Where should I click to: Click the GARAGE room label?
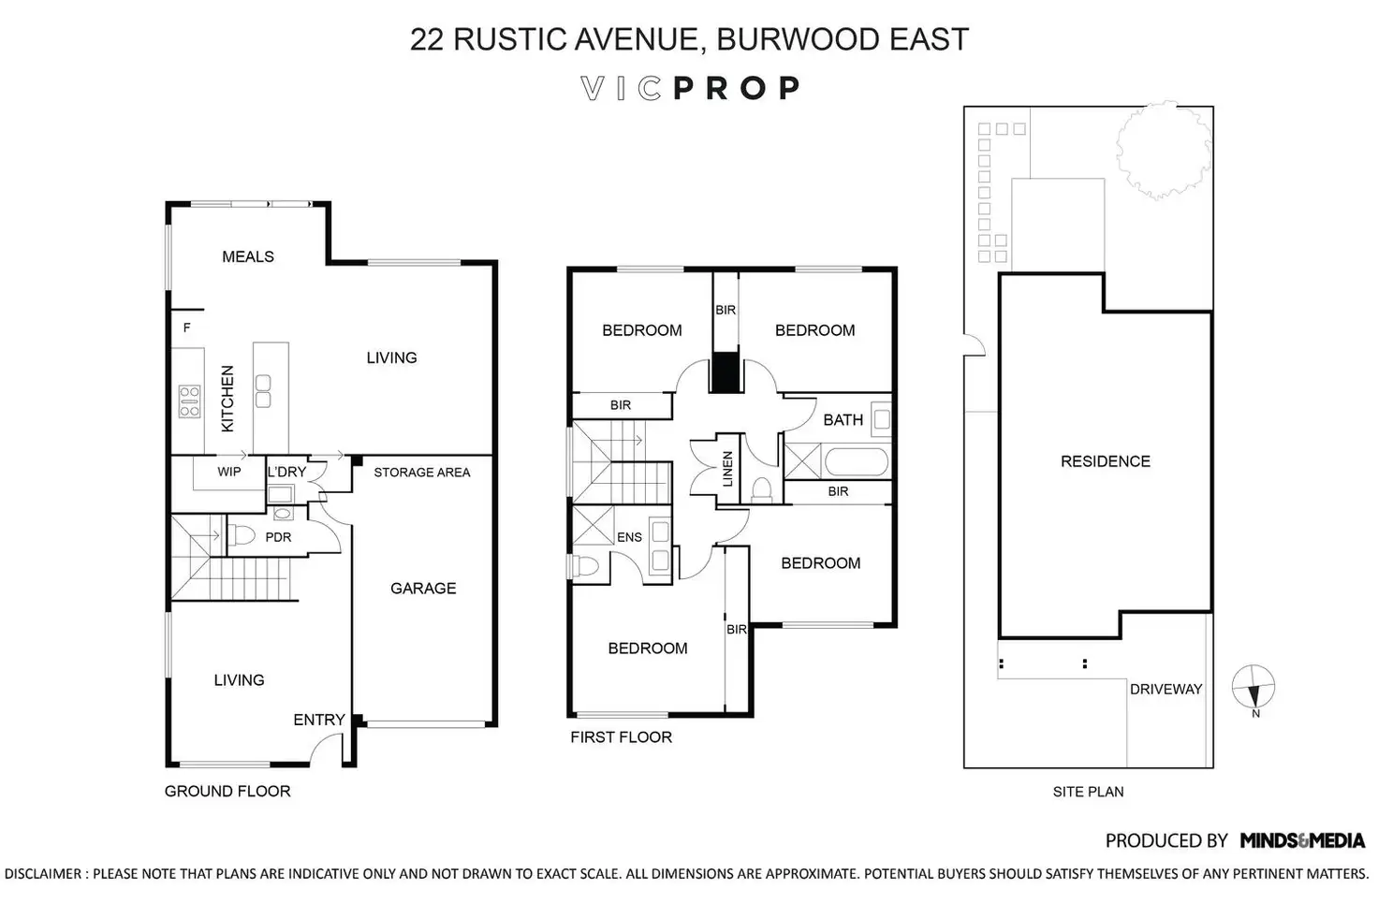423,589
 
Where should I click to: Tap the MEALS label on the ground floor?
248,256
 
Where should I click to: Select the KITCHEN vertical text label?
227,399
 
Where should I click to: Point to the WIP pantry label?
229,472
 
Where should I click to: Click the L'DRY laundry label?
286,472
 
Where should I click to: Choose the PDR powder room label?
278,537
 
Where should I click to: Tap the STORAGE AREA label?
422,473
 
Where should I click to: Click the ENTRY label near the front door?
319,720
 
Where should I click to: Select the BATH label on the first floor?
843,420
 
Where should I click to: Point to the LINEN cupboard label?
728,470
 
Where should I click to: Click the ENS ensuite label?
629,537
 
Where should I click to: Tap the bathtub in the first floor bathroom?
856,462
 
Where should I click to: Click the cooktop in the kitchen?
189,401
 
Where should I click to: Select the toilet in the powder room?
242,536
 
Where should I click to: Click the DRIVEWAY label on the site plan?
1165,690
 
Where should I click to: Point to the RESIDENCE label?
1106,461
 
